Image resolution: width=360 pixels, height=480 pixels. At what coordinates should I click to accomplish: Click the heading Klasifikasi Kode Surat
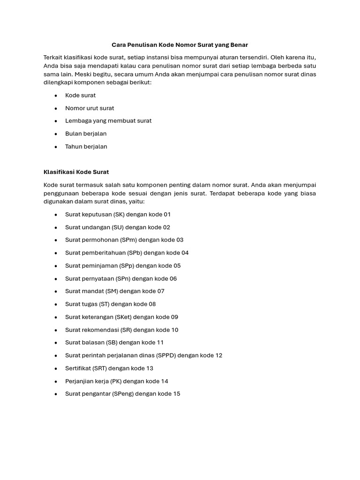coord(76,172)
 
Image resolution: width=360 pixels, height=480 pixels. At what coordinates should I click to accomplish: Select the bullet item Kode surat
coord(80,95)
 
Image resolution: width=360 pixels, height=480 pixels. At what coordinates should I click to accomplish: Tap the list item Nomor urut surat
coord(90,108)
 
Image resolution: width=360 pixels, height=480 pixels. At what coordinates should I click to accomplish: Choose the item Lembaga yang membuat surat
coord(108,121)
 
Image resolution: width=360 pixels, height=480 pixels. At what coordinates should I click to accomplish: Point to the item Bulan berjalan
coord(86,134)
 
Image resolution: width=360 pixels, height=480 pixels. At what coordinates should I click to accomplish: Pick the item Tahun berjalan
coord(86,146)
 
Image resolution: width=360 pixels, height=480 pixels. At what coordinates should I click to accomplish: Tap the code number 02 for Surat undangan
coord(166,227)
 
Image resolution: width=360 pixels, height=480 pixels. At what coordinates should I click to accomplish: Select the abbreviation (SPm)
coord(122,240)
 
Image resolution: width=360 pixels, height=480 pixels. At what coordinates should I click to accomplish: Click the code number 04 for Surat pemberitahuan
coord(185,253)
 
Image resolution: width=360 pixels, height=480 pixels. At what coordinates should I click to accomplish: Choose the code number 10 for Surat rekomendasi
coord(174,330)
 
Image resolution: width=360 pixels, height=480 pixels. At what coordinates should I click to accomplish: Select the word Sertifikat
coord(78,368)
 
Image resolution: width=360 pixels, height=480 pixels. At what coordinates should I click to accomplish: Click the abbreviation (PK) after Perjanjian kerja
coord(116,381)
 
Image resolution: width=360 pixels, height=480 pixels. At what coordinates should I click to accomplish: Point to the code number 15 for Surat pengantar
coord(176,394)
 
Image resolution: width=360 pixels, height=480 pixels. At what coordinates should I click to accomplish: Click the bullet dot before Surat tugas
coord(56,304)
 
